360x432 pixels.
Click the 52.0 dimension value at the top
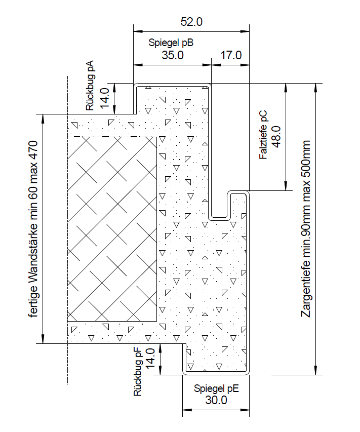[191, 22]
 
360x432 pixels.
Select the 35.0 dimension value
[173, 55]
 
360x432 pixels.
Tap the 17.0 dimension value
[231, 55]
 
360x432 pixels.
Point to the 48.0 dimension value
[276, 137]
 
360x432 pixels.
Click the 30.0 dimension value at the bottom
[216, 400]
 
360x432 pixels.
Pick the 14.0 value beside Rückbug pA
[105, 98]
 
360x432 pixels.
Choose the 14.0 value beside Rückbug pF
[150, 359]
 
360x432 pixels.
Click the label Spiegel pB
[171, 43]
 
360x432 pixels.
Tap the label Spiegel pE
[216, 388]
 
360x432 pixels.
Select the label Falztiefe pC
[263, 135]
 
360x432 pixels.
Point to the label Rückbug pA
[90, 86]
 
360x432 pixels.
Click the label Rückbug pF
[137, 372]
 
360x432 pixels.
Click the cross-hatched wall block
[112, 229]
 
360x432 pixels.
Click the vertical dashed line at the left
[68, 230]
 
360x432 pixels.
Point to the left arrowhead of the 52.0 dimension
[137, 31]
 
